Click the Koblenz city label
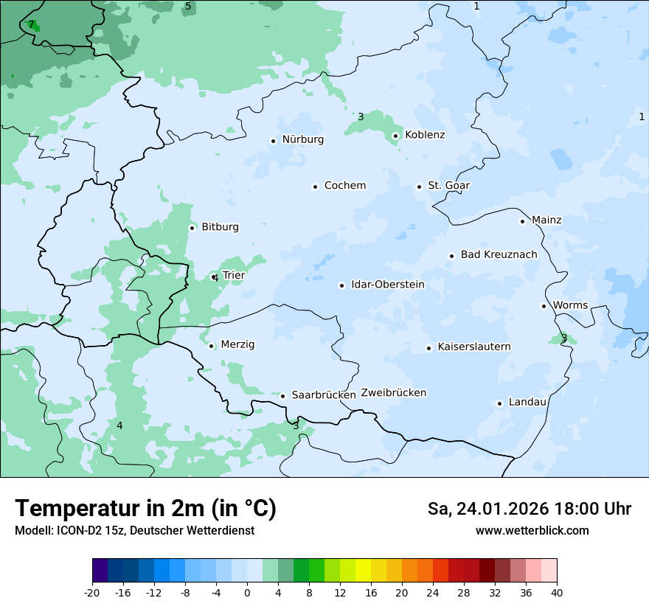pyautogui.click(x=425, y=135)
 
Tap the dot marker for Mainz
pyautogui.click(x=522, y=221)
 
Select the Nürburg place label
pyautogui.click(x=302, y=139)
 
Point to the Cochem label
pyautogui.click(x=345, y=186)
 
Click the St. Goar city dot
pyautogui.click(x=419, y=187)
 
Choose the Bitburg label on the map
pyautogui.click(x=220, y=227)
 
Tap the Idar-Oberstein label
pyautogui.click(x=388, y=285)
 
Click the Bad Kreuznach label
pyautogui.click(x=499, y=255)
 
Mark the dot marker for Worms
pyautogui.click(x=544, y=306)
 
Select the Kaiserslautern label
pyautogui.click(x=473, y=347)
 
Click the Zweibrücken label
pyautogui.click(x=393, y=393)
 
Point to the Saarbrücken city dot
pyautogui.click(x=282, y=396)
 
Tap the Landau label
pyautogui.click(x=527, y=403)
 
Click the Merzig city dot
pyautogui.click(x=211, y=346)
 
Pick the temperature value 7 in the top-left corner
pyautogui.click(x=30, y=24)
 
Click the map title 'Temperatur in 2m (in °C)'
pyautogui.click(x=145, y=509)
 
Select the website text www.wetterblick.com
pyautogui.click(x=532, y=531)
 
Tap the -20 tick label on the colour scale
pyautogui.click(x=92, y=593)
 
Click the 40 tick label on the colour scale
pyautogui.click(x=557, y=593)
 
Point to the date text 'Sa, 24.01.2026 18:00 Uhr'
pyautogui.click(x=529, y=509)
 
